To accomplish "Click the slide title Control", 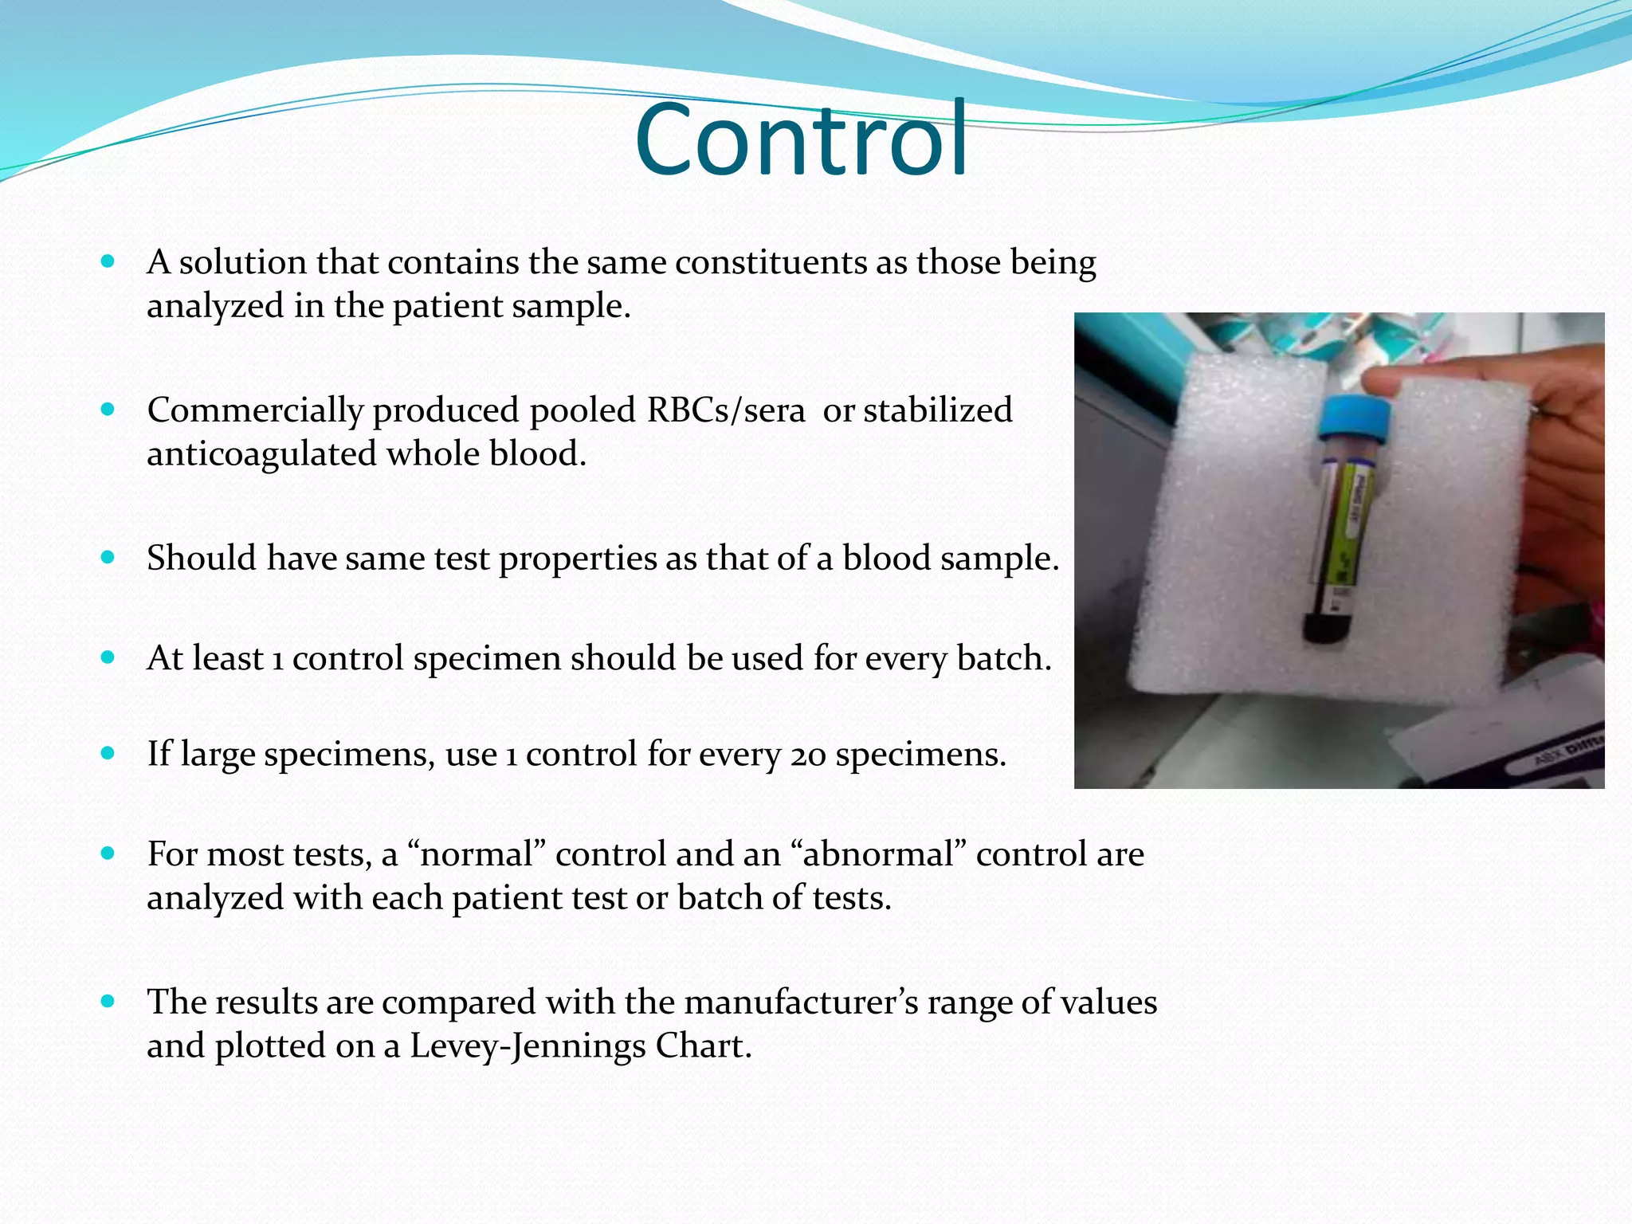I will point(801,140).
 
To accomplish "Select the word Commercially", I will point(255,411).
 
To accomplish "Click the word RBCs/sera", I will point(725,411).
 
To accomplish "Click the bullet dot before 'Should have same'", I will point(108,557).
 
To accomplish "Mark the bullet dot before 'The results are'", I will point(108,1001).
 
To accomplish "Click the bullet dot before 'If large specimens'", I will point(108,753).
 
